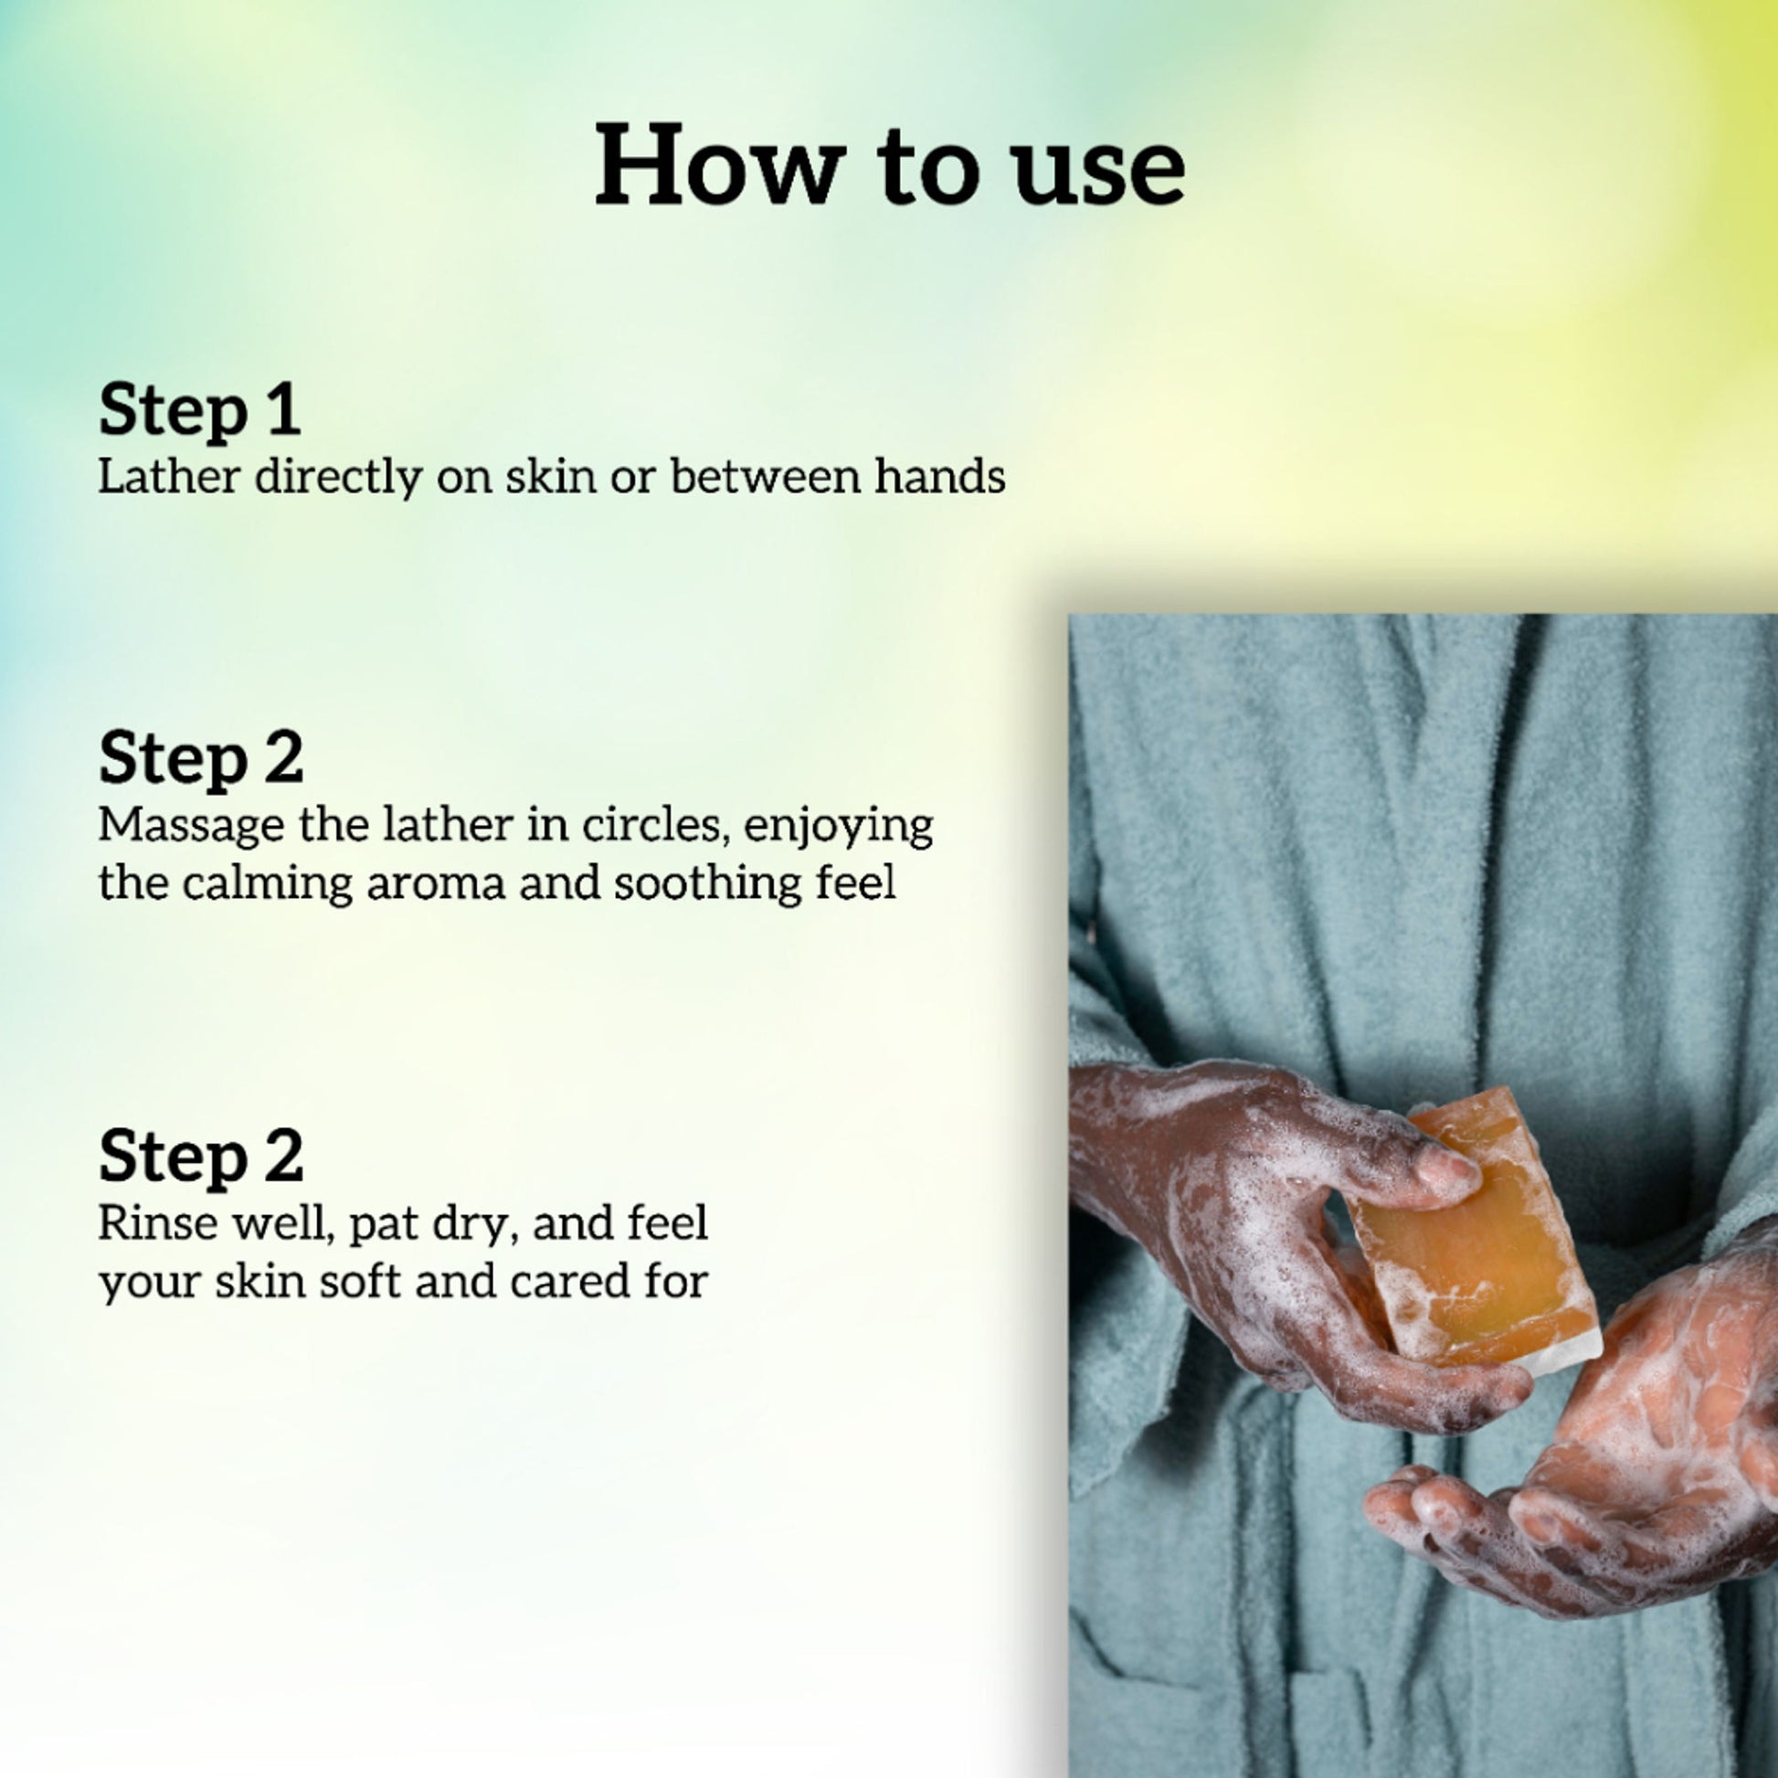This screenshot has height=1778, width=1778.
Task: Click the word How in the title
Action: click(721, 164)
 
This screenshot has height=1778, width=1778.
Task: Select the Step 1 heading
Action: click(200, 409)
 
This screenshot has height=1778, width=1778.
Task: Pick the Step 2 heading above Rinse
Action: click(201, 1155)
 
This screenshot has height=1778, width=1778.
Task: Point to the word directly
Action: click(338, 477)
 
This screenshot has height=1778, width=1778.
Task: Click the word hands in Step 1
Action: click(939, 476)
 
